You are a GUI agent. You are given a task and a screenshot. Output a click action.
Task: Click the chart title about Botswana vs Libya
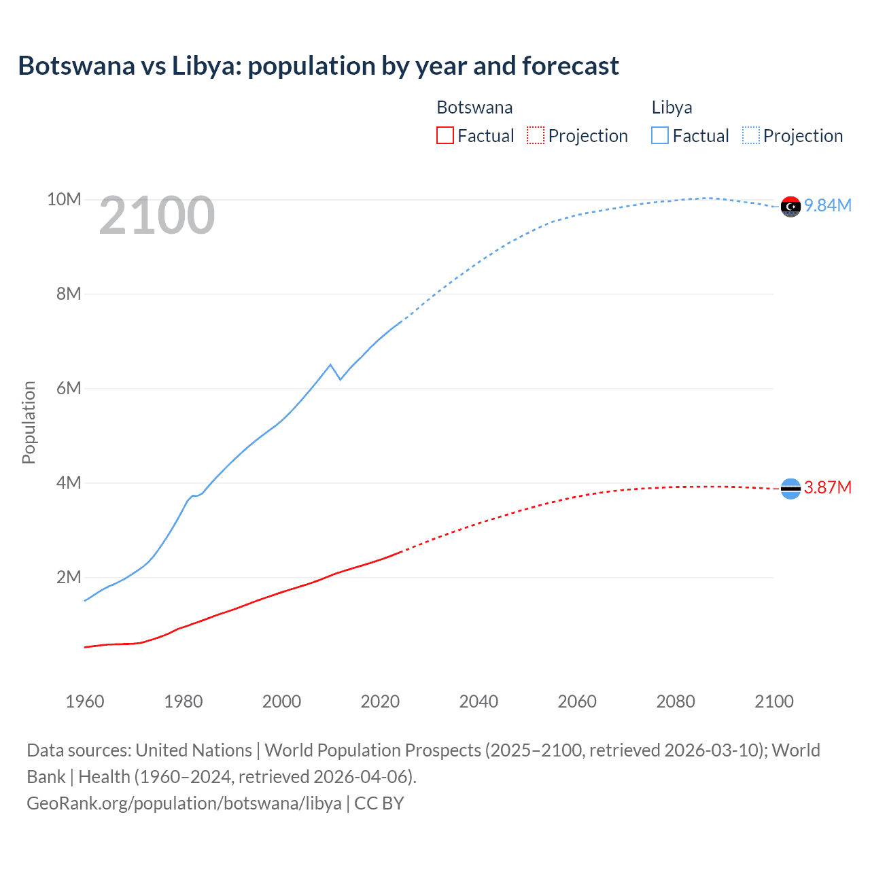318,66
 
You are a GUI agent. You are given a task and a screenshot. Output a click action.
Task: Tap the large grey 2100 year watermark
157,215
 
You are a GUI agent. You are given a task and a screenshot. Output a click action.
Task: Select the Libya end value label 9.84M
828,205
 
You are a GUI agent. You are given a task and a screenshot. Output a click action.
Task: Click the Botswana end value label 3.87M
828,487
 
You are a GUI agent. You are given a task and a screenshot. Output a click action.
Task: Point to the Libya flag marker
790,206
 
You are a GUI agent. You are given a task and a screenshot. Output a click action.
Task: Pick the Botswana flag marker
790,488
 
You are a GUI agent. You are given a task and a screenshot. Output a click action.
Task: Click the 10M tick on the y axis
64,199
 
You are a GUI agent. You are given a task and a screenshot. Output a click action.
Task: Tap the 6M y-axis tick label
69,388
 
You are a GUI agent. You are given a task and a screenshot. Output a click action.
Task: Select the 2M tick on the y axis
69,577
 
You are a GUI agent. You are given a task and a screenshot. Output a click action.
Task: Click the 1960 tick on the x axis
85,701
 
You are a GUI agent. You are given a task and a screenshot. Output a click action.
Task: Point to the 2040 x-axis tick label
478,701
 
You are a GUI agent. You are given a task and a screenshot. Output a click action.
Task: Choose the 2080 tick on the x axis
676,701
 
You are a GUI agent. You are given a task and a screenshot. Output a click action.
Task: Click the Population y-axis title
29,422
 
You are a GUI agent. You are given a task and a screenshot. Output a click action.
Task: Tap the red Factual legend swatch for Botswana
445,135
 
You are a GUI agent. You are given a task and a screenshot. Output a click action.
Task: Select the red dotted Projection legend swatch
536,135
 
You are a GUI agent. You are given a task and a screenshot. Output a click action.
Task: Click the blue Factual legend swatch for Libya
660,135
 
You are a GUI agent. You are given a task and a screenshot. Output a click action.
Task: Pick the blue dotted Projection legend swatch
750,135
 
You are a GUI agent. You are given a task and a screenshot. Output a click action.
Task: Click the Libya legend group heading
672,107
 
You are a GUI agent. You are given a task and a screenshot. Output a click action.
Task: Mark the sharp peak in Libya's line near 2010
330,365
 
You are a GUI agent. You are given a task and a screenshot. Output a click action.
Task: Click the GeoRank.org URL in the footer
184,803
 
